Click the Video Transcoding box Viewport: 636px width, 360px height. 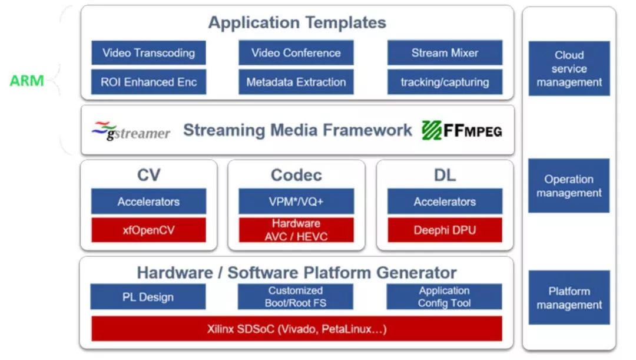tap(148, 53)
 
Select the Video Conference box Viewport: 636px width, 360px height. tap(296, 53)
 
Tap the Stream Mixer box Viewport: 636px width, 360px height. tap(445, 53)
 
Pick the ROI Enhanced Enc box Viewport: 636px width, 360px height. tap(148, 82)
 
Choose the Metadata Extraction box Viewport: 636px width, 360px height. tap(296, 82)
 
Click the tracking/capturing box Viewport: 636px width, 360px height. tap(445, 82)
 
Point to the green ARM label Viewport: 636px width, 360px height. tap(26, 81)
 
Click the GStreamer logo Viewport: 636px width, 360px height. tap(131, 131)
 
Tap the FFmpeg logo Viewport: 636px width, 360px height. tap(462, 131)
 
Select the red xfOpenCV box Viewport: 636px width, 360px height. tap(148, 230)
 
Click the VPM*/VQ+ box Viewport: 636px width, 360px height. tap(296, 202)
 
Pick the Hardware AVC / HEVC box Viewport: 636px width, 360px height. tap(296, 230)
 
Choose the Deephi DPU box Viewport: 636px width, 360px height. tap(445, 230)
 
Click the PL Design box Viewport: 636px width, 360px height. tap(148, 297)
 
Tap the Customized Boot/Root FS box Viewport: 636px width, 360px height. tap(295, 297)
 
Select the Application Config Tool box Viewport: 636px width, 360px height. tap(444, 297)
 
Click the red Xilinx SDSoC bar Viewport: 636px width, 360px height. tap(296, 329)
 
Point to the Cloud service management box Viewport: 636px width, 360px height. tap(569, 68)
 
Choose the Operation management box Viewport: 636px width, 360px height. tap(569, 186)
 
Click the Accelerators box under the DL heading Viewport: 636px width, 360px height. tap(445, 202)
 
